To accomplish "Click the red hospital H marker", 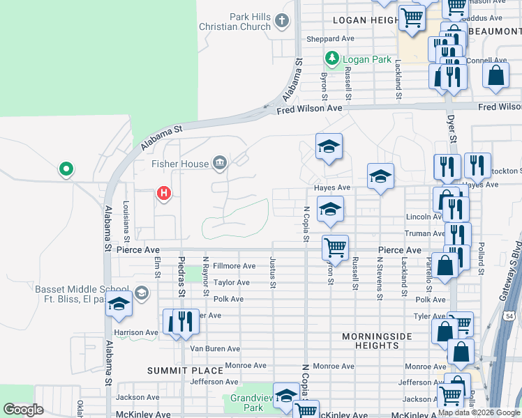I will coord(163,192).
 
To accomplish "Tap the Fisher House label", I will coord(181,164).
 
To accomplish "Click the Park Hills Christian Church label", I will coord(239,22).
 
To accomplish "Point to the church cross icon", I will coord(282,20).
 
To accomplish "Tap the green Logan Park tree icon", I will coord(333,59).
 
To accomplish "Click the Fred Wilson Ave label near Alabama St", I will coord(309,109).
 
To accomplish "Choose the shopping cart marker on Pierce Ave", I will coord(335,247).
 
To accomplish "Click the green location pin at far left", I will coord(66,169).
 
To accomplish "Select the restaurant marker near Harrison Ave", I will coord(184,320).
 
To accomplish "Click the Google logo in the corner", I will coord(24,410).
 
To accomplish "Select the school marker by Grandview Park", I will coord(286,396).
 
